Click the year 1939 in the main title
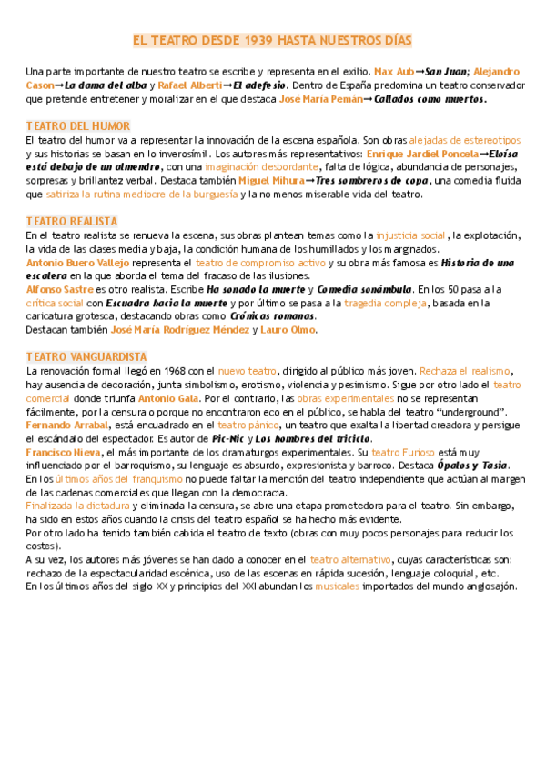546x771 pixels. point(259,41)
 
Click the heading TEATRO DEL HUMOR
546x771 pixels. point(78,126)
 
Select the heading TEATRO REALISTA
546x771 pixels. point(72,221)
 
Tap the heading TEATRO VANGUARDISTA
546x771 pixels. point(86,356)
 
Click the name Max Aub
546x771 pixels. point(393,71)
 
